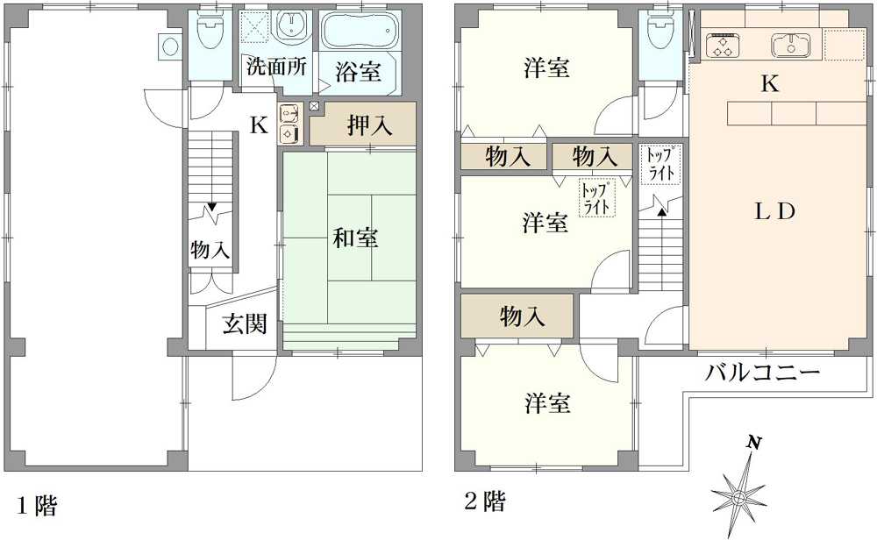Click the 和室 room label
coord(356,238)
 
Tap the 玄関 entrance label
coord(244,325)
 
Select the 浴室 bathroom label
coord(360,73)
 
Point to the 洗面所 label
coord(276,67)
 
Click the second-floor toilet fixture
coord(660,34)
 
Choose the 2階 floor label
coord(484,502)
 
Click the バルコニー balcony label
coord(763,374)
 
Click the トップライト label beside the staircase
coord(660,165)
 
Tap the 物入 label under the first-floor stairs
coord(210,250)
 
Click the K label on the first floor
coord(258,125)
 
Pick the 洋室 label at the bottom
coord(548,404)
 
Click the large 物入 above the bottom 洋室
coord(523,316)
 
